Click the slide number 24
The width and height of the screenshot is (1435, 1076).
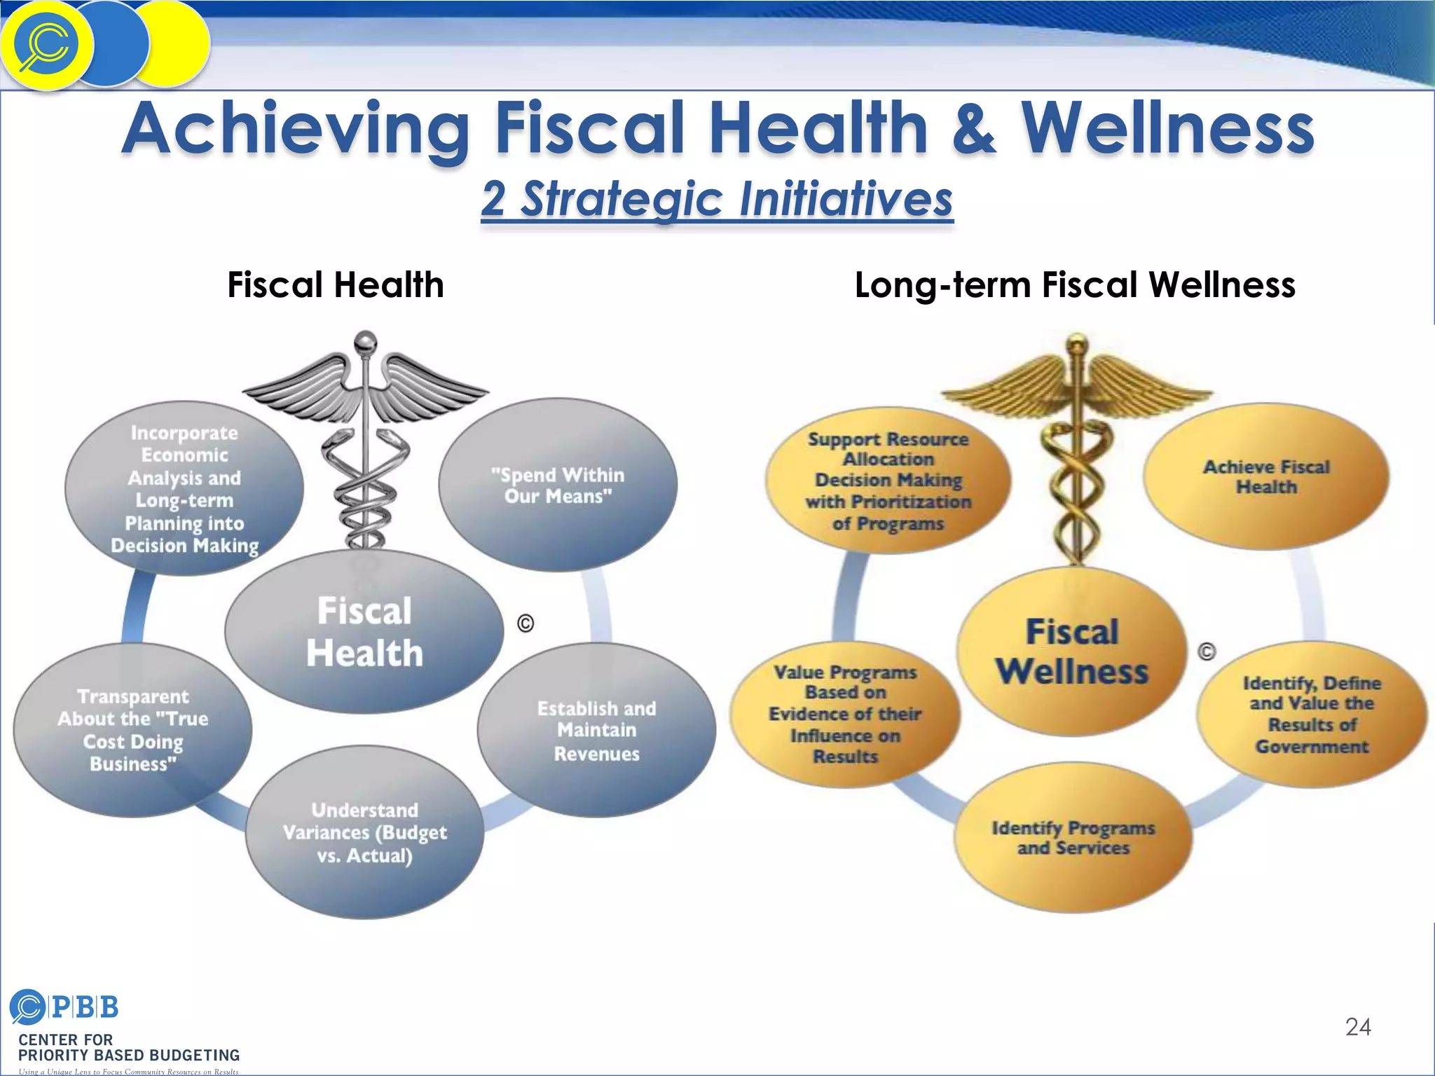coord(1358,1027)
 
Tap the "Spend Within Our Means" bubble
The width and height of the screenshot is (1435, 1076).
coord(558,485)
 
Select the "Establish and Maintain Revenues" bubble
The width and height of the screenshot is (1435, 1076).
coord(597,731)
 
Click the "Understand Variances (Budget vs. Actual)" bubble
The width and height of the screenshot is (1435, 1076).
coord(364,832)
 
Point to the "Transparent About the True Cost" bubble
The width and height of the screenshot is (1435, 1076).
coord(133,730)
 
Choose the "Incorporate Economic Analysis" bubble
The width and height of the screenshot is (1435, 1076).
coord(184,488)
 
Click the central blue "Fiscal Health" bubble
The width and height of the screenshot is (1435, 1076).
coord(364,632)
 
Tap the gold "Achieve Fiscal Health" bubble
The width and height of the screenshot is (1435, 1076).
coord(1266,476)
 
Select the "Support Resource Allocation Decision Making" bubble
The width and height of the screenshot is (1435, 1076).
coord(888,481)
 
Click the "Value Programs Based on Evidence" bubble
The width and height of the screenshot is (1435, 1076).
coord(845,714)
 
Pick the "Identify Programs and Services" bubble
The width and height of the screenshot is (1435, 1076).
coord(1073,838)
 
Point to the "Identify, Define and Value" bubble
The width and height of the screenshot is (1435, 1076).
coord(1312,715)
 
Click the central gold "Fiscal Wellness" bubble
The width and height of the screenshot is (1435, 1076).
coord(1072,651)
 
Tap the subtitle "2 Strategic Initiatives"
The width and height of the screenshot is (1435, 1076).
coord(717,199)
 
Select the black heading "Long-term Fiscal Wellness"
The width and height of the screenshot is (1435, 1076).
coord(1075,285)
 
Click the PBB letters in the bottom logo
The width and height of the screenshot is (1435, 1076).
coord(85,1007)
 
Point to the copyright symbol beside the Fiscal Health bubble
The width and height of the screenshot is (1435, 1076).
coord(526,623)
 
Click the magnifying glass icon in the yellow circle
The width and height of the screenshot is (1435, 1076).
coord(46,45)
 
